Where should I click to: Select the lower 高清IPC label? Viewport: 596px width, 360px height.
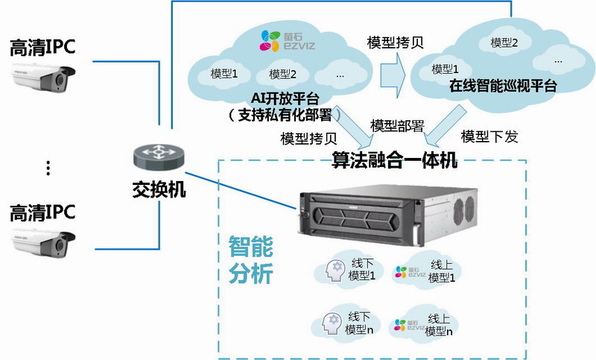43,213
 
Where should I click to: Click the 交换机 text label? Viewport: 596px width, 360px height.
153,189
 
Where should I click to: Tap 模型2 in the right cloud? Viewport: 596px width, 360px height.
504,42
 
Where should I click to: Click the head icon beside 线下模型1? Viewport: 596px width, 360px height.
333,270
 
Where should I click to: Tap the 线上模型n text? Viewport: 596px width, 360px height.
440,323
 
